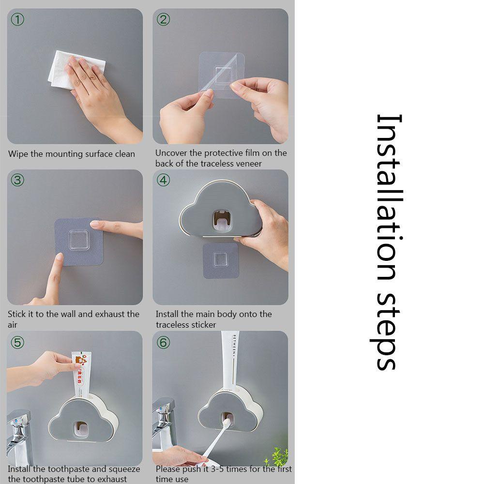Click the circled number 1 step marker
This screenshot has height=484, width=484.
point(17,19)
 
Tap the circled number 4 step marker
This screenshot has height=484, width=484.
point(164,180)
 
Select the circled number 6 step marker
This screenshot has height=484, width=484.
point(164,342)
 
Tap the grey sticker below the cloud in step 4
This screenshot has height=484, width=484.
point(220,260)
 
